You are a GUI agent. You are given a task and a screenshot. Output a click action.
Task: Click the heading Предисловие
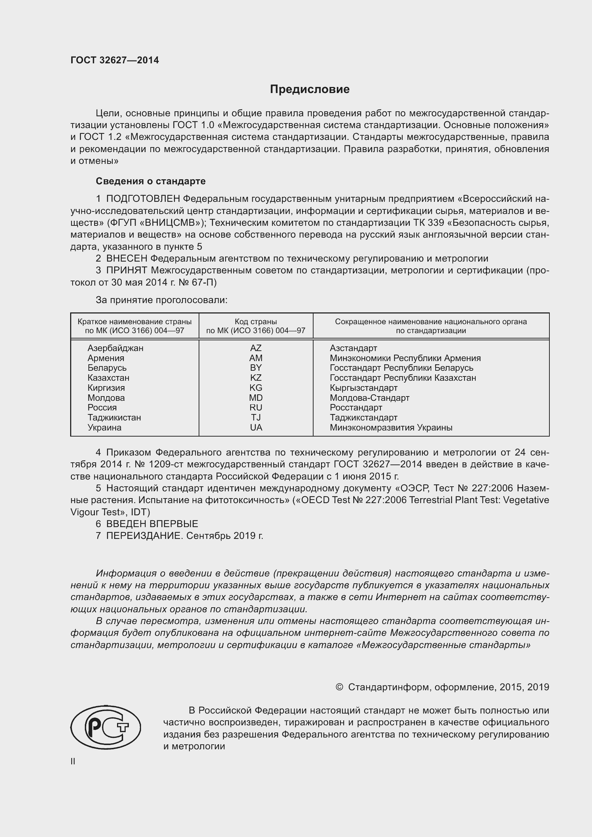coord(310,89)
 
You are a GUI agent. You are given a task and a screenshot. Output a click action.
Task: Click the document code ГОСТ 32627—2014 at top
coord(115,60)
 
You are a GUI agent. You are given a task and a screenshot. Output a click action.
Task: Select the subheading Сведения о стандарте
coord(151,181)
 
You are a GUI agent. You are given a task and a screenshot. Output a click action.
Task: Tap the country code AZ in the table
coord(256,348)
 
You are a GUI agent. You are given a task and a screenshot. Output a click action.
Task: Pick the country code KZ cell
coord(256,378)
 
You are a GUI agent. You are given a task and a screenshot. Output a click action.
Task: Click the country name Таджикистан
coord(114,417)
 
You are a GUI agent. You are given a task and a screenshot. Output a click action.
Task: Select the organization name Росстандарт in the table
coord(356,408)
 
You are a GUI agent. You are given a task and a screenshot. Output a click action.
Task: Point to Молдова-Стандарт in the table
coord(369,398)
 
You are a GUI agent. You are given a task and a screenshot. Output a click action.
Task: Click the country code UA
coord(256,428)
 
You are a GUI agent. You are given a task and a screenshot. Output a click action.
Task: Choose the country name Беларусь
coord(107,368)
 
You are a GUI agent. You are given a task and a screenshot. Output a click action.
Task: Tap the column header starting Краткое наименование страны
coord(135,326)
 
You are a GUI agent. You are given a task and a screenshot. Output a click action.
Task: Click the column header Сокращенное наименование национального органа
coord(431,326)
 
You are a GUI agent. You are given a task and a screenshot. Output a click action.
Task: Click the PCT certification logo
coord(106,727)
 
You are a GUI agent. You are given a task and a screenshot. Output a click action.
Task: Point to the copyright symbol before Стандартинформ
coord(339,687)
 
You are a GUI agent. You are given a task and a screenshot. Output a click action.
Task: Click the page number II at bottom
coord(73,761)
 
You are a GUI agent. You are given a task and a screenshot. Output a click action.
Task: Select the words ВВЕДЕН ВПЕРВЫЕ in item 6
coord(152,524)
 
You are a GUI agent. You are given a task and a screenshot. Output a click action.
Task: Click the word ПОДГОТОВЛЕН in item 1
coord(143,199)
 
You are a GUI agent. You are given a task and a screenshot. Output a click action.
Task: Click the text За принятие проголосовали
coord(161,300)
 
